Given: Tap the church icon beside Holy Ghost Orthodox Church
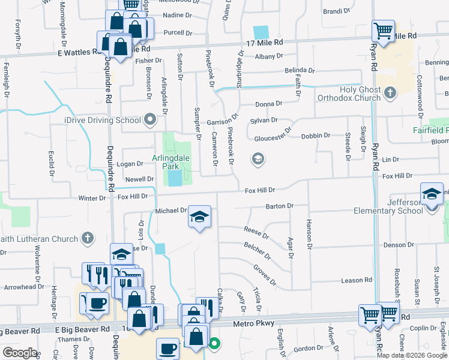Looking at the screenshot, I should click(391, 93).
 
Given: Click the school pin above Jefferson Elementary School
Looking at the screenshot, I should click(431, 194).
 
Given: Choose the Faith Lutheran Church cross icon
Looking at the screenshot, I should click(88, 239).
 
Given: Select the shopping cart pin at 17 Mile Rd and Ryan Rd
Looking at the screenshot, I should click(382, 29).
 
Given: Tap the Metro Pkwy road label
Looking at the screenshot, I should click(258, 323).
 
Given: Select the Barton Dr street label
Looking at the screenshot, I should click(279, 206).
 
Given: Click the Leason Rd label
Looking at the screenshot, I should click(357, 280).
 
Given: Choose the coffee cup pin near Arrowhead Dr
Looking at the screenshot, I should click(97, 302).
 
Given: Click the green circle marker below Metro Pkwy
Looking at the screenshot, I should click(214, 344).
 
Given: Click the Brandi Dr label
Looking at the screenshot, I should click(336, 11).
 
